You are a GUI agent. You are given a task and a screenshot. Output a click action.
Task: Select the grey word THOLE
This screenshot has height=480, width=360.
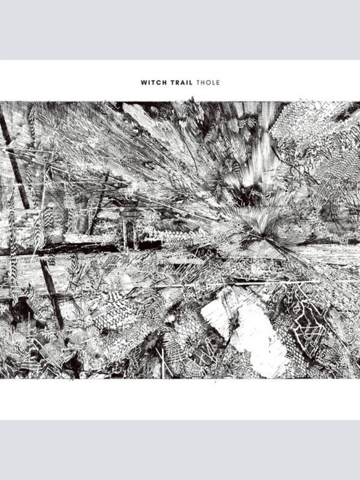208,82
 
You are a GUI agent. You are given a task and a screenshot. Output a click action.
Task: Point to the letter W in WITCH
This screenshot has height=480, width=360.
143,82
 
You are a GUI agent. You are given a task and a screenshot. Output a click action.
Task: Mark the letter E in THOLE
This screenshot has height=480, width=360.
218,82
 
